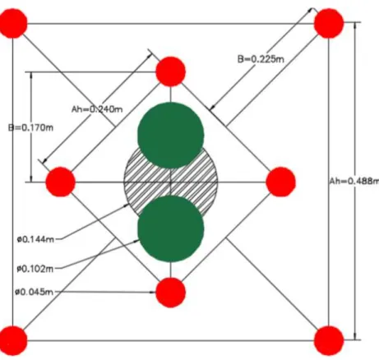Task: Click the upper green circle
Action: tap(171, 135)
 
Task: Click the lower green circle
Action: tap(171, 229)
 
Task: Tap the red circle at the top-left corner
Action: tap(13, 24)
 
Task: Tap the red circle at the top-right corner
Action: tap(329, 24)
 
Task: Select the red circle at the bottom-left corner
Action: tap(13, 340)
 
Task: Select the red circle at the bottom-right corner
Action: tap(329, 340)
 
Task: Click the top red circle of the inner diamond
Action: tap(171, 72)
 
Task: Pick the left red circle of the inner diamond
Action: tap(61, 182)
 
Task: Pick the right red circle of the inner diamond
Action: tap(281, 182)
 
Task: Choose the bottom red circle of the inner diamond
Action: tap(171, 293)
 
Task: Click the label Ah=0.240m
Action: tap(97, 109)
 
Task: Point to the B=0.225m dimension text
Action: tap(261, 59)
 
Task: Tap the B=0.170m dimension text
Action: tap(30, 127)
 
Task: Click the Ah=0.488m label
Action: tap(354, 181)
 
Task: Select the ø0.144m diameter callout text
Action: tap(35, 239)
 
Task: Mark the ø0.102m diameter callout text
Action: tap(35, 269)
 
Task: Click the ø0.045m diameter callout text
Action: tap(35, 292)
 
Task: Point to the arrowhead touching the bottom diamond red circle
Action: tap(152, 293)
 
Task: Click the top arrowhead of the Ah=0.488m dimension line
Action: tap(355, 25)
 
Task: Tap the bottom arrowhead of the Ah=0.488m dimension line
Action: tap(355, 336)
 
